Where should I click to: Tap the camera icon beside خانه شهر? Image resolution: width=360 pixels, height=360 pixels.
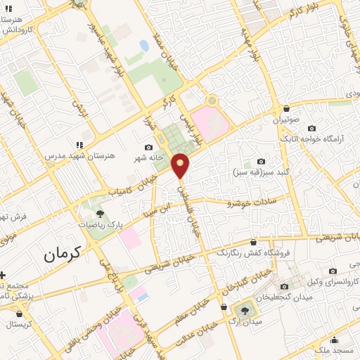[x=148, y=147]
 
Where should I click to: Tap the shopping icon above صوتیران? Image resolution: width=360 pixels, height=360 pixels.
[x=287, y=109]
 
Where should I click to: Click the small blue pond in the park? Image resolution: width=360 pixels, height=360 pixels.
[x=144, y=46]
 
